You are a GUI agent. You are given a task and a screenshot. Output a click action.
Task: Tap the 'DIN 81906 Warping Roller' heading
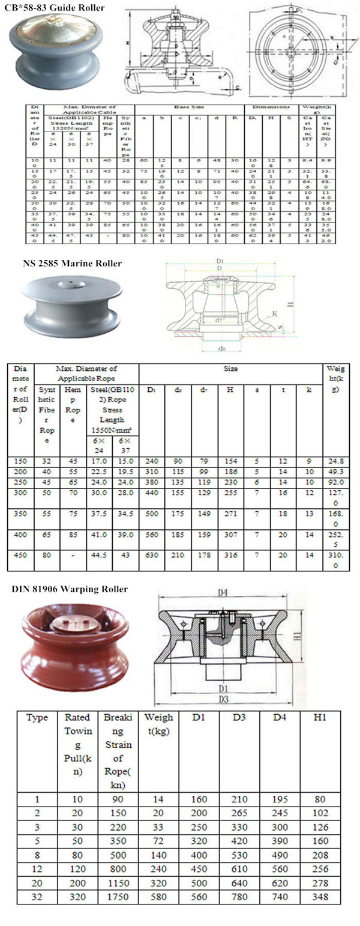coord(70,589)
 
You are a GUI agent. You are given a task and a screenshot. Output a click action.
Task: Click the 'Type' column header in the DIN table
coord(37,718)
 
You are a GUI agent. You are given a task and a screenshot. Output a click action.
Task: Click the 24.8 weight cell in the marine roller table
coord(336,461)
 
